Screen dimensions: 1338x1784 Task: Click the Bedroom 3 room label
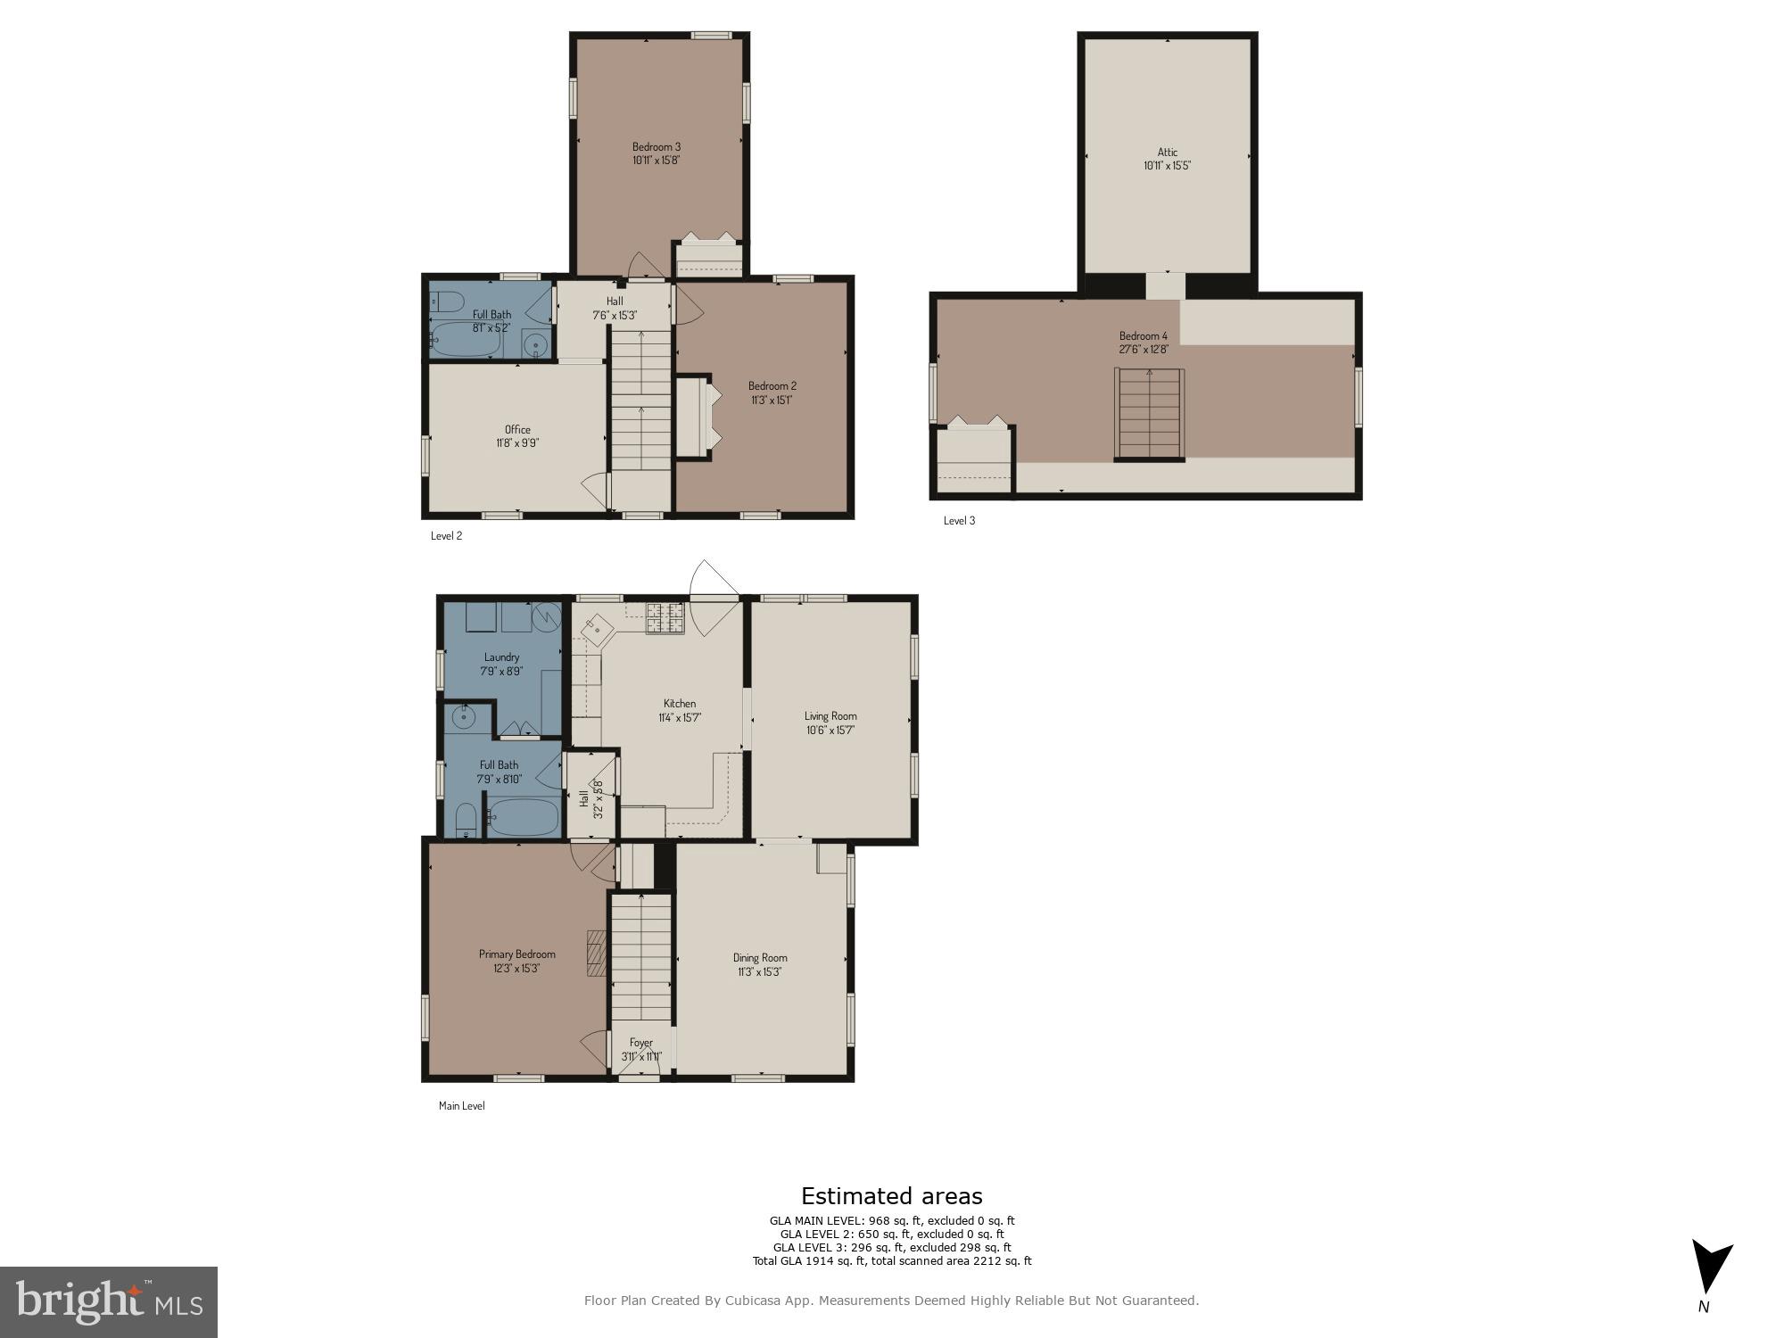(657, 147)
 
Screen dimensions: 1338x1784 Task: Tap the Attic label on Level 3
(1167, 153)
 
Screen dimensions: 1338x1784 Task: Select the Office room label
(517, 430)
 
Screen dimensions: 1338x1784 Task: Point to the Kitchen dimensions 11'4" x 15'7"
(680, 717)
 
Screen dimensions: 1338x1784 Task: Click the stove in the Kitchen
(665, 618)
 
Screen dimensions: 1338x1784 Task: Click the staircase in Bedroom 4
(1149, 414)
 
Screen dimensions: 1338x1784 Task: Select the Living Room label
(830, 716)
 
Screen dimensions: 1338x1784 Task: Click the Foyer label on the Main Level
(640, 1043)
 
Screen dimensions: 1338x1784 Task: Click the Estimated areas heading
(891, 1196)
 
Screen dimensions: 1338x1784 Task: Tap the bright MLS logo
(108, 1302)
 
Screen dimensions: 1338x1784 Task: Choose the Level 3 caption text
(959, 521)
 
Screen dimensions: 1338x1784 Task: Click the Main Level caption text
(461, 1106)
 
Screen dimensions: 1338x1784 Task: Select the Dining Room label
(760, 958)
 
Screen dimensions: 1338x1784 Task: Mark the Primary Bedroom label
(516, 954)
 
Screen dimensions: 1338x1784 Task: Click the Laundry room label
(501, 657)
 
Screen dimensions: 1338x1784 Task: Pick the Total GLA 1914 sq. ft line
(891, 1261)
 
